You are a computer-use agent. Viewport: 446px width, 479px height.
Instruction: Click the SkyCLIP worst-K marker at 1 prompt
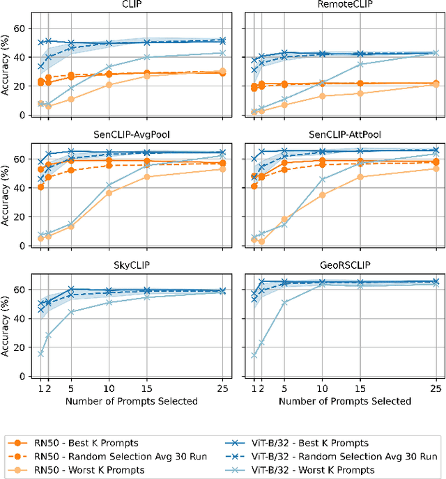coord(40,354)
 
